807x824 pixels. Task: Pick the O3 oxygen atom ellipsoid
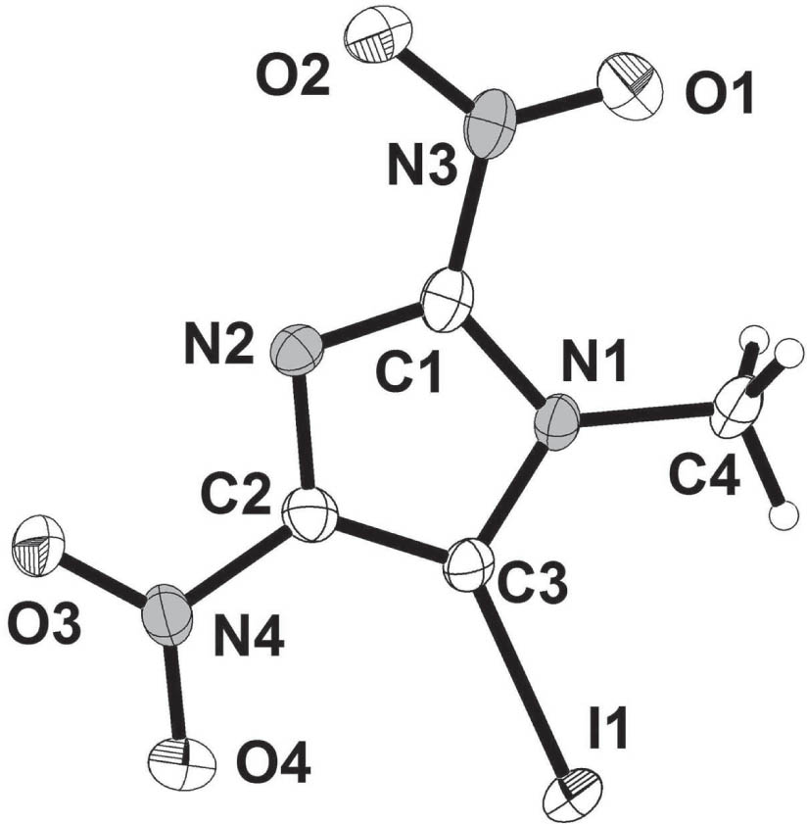click(x=40, y=542)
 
